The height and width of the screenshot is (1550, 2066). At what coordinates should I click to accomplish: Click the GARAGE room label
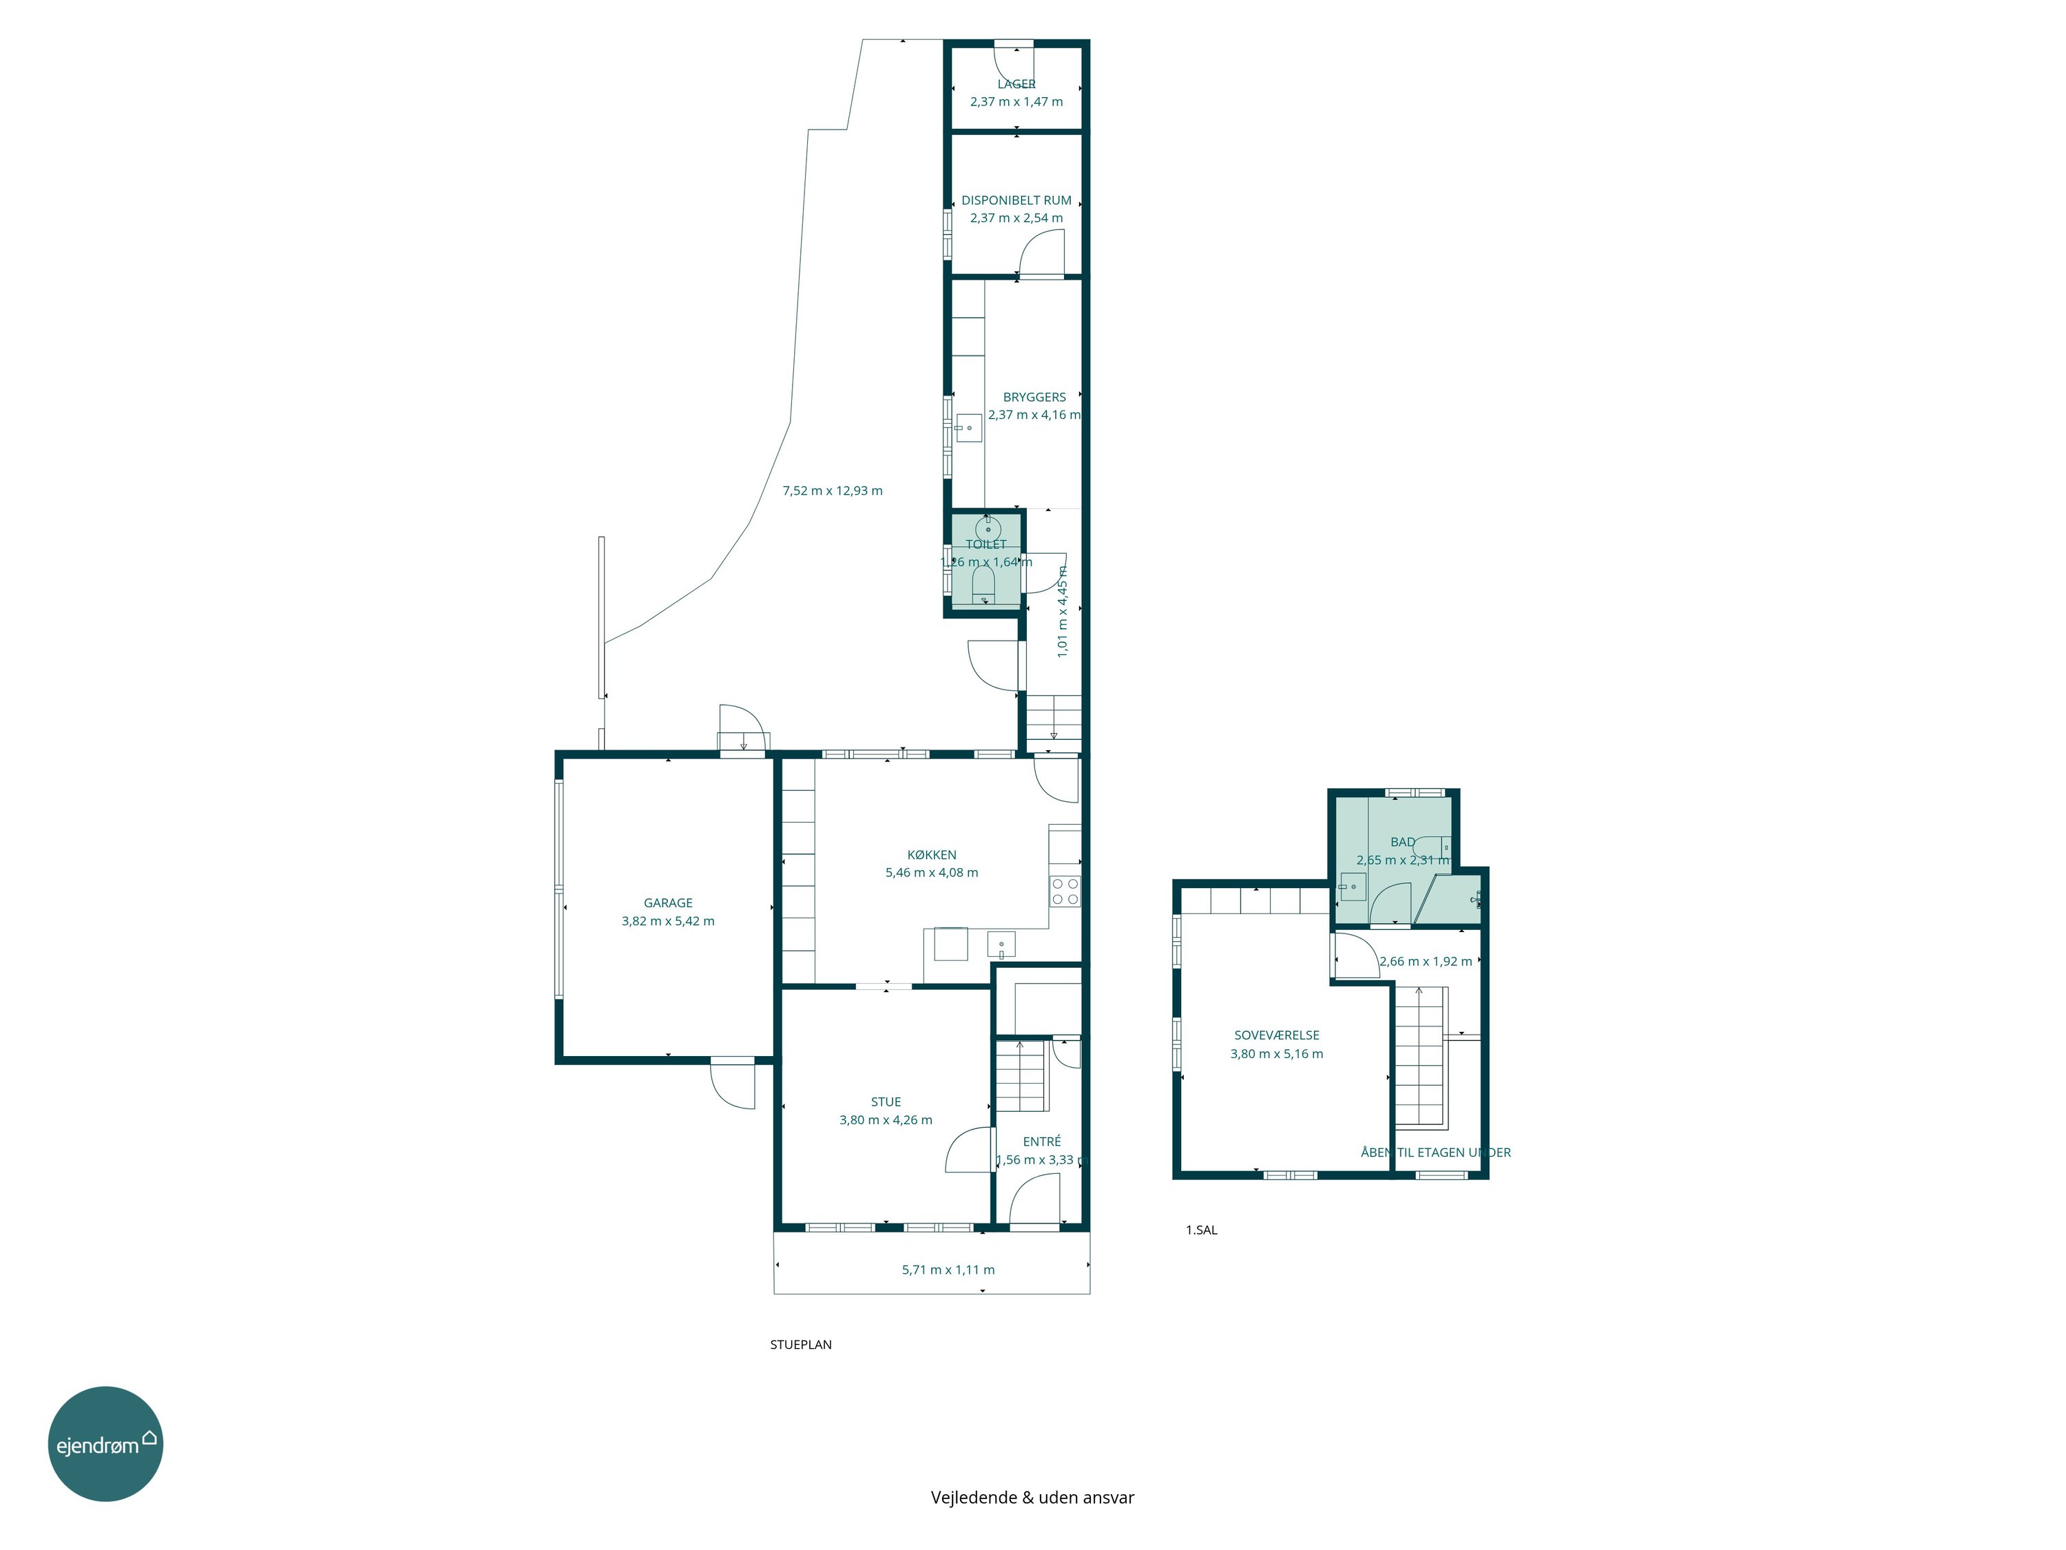point(668,902)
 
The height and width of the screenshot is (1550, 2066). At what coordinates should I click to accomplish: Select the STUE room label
point(886,1102)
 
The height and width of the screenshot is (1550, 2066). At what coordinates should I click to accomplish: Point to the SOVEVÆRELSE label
point(1277,1035)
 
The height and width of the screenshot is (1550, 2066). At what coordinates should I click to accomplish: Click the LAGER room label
point(1016,84)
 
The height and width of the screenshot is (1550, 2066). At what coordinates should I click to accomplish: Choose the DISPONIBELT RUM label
point(1016,200)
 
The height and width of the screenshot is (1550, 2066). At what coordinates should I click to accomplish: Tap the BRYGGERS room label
point(1034,397)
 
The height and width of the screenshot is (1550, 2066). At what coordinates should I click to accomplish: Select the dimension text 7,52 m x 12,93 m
point(832,490)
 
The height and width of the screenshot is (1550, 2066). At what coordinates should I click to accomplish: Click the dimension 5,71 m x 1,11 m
point(948,1270)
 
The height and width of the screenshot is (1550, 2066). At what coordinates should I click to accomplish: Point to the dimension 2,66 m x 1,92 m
point(1426,962)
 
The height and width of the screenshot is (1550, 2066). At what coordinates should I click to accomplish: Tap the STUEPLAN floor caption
point(800,1345)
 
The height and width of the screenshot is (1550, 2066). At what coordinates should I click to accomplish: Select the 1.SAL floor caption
point(1201,1230)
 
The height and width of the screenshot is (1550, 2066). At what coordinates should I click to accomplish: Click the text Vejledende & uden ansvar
point(1032,1498)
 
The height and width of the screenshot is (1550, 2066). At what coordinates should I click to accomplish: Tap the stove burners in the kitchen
point(1065,891)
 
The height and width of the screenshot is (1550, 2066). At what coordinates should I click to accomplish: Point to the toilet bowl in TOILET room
point(983,585)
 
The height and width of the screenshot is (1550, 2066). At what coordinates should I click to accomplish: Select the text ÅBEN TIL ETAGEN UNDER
point(1436,1153)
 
